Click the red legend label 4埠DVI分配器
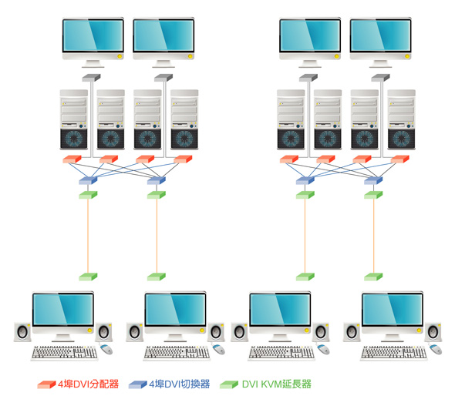click(88, 384)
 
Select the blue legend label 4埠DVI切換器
click(180, 384)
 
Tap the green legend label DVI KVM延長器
click(277, 384)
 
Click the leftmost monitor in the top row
click(93, 42)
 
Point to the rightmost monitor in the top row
click(380, 42)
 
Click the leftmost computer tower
click(74, 119)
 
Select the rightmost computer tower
click(401, 119)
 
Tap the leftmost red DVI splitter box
click(72, 159)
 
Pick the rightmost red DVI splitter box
click(400, 159)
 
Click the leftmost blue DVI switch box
click(88, 180)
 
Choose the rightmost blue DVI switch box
click(373, 180)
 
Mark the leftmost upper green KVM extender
click(88, 195)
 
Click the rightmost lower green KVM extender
click(373, 277)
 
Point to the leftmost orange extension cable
click(88, 236)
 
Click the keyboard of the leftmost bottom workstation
click(64, 353)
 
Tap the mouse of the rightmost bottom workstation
click(435, 349)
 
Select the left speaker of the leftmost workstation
click(22, 332)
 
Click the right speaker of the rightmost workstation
click(433, 332)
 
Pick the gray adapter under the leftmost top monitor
click(91, 78)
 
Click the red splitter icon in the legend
click(46, 384)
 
